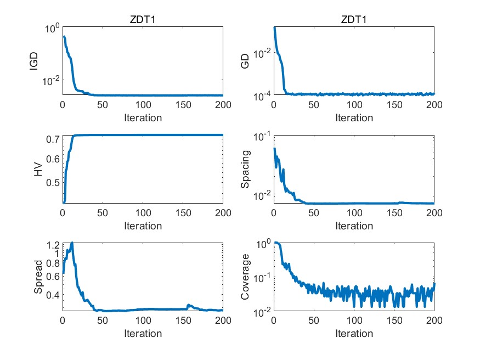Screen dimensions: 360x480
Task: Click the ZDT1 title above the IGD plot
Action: coord(143,20)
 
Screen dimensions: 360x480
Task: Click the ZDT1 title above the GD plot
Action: coord(354,20)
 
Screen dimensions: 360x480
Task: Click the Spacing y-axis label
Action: coord(246,169)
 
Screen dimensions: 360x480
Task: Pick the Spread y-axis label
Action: coord(38,277)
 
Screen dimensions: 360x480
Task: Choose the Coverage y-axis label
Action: coord(246,277)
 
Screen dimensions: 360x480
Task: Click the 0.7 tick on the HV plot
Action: coord(53,139)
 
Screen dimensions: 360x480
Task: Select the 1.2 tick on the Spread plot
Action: coord(53,245)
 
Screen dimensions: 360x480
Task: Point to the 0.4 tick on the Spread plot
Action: coord(53,295)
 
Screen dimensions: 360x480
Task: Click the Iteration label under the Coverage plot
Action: coord(354,334)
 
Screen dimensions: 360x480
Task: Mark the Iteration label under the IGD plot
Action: coord(143,117)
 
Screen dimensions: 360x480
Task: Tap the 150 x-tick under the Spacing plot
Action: coord(394,213)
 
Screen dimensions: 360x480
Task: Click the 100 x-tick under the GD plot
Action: coord(354,105)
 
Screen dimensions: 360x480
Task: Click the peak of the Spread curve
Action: coord(71,243)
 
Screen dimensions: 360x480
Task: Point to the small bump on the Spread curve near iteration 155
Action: coord(188,305)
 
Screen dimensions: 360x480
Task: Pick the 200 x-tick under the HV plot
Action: coord(222,213)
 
